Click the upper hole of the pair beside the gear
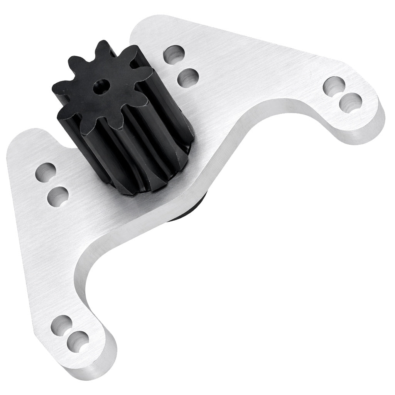(x=174, y=53)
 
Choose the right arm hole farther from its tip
(x=334, y=85)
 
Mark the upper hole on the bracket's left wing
(x=46, y=172)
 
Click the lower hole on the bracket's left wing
(x=58, y=196)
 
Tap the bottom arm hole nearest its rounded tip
(x=78, y=341)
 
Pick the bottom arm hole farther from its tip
(x=62, y=324)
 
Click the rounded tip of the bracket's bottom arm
(x=96, y=363)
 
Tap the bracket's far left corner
(x=12, y=149)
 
